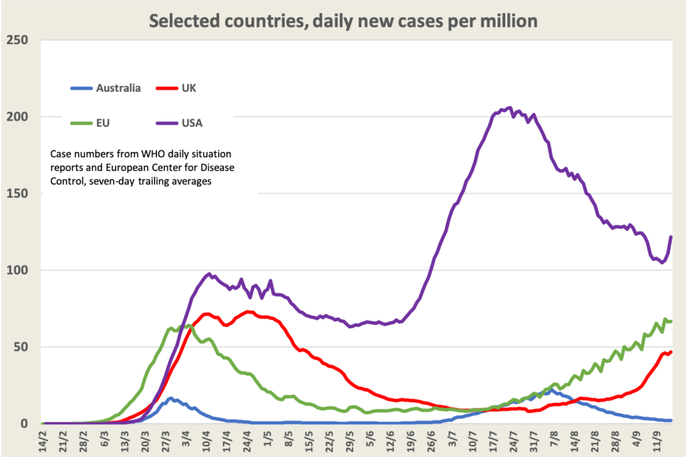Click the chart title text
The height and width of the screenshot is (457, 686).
point(343,21)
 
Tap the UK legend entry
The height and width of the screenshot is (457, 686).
point(187,88)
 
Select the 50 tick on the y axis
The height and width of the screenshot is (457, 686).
point(21,347)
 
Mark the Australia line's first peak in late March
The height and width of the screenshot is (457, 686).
point(171,399)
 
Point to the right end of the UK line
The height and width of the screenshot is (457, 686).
point(671,352)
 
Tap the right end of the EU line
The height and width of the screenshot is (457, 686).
point(671,322)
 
